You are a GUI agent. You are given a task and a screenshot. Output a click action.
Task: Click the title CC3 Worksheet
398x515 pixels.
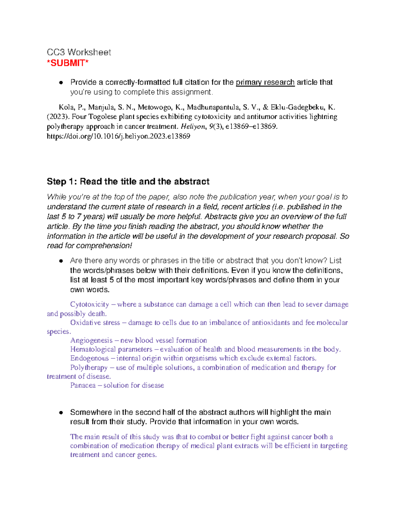[x=79, y=52]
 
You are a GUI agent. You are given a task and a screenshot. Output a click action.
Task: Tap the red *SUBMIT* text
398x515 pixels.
[x=68, y=63]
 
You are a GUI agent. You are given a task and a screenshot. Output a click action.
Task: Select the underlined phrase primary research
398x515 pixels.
[x=265, y=82]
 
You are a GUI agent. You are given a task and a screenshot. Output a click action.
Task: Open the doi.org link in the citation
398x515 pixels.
[x=118, y=136]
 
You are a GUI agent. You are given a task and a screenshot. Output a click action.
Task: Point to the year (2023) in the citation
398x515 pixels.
[x=58, y=117]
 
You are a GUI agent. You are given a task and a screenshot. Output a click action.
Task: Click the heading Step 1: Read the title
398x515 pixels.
[x=128, y=181]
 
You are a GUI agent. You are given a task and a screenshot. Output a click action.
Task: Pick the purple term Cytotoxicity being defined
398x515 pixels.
[x=90, y=304]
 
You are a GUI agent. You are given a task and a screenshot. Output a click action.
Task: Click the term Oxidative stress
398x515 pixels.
[x=95, y=323]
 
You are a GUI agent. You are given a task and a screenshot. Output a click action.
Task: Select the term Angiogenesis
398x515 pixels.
[x=92, y=341]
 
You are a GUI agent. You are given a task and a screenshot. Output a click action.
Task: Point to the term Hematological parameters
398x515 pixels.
[x=111, y=350]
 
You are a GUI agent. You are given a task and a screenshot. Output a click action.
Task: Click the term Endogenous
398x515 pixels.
[x=90, y=358]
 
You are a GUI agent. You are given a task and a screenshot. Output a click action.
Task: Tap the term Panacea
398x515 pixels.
[x=83, y=385]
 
